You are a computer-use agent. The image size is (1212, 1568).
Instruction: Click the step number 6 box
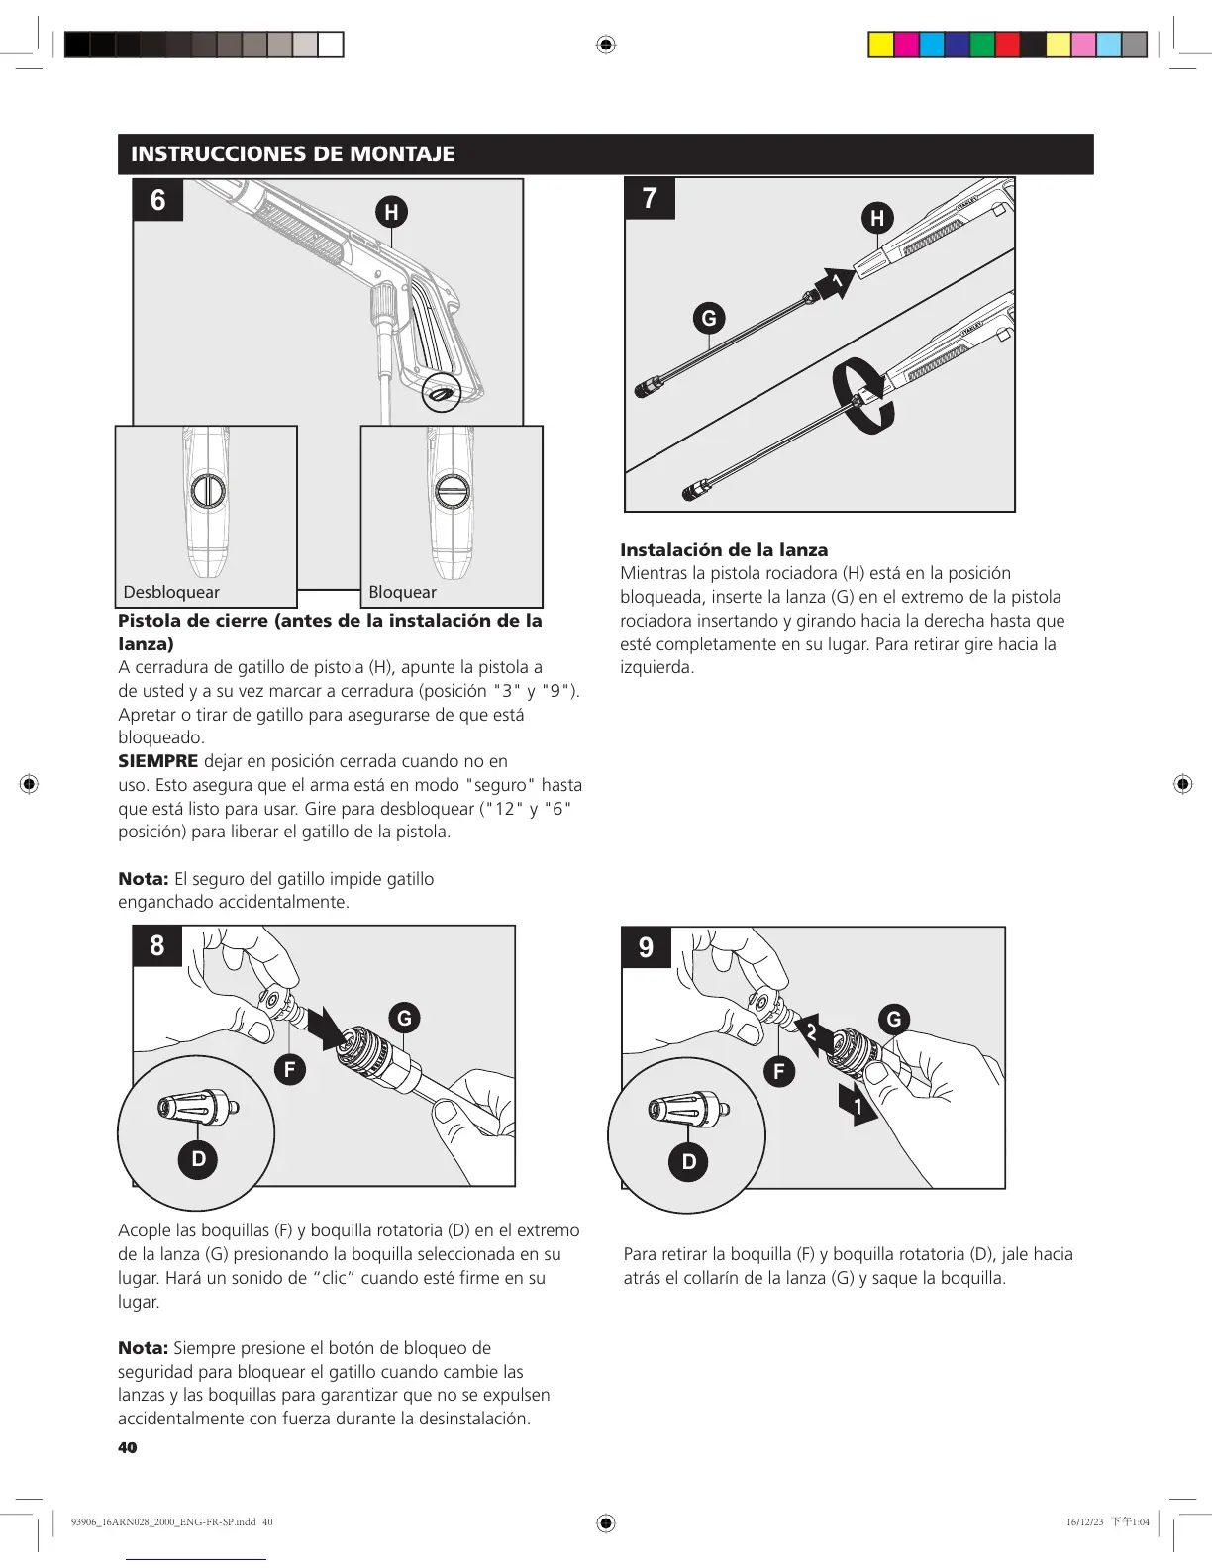click(158, 200)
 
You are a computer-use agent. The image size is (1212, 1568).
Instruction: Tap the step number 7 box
click(650, 199)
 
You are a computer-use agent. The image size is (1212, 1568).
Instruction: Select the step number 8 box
click(157, 945)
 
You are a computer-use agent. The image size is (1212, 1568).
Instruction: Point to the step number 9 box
click(646, 947)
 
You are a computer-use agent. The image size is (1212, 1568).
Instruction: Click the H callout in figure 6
click(392, 212)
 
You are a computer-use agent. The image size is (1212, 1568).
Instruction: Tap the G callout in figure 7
click(709, 319)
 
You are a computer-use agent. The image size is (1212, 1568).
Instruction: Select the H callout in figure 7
click(877, 218)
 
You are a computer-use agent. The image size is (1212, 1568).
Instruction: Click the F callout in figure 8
click(290, 1069)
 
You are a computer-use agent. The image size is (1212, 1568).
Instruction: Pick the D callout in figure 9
click(689, 1161)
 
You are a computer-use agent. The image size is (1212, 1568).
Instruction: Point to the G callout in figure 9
click(894, 1019)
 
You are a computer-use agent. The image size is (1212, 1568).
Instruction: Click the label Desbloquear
click(171, 592)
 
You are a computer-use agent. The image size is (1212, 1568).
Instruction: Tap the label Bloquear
click(402, 592)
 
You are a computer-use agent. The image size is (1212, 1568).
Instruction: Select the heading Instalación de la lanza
click(724, 550)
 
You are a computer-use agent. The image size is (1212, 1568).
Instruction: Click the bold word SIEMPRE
click(158, 761)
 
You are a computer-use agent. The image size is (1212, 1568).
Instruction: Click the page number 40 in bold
click(128, 1447)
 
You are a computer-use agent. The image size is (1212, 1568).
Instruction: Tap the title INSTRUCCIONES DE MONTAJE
click(293, 154)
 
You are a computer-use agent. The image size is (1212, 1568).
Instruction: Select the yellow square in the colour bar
click(880, 45)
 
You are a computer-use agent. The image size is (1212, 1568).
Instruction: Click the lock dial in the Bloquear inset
click(453, 491)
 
